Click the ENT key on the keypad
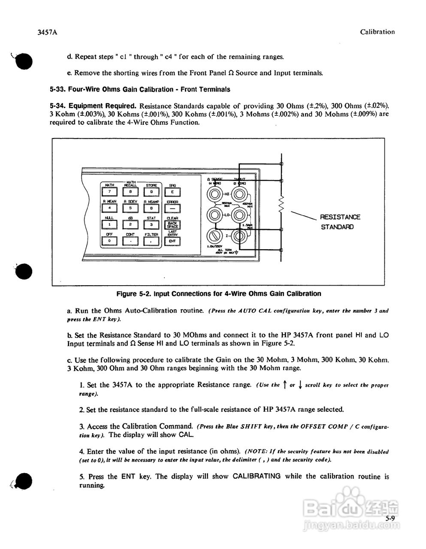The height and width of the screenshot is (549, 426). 172,241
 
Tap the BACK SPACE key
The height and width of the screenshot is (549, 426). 172,224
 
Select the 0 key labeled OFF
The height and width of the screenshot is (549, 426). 109,241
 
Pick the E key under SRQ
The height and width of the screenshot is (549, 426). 172,192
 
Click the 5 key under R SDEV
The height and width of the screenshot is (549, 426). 130,208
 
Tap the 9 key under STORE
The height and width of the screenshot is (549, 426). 151,192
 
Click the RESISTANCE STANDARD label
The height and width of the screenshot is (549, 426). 340,222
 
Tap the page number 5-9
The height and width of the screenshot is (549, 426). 390,519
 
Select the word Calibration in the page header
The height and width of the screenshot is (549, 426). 377,32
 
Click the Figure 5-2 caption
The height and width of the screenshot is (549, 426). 219,294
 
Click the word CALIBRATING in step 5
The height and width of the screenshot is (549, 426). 257,476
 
